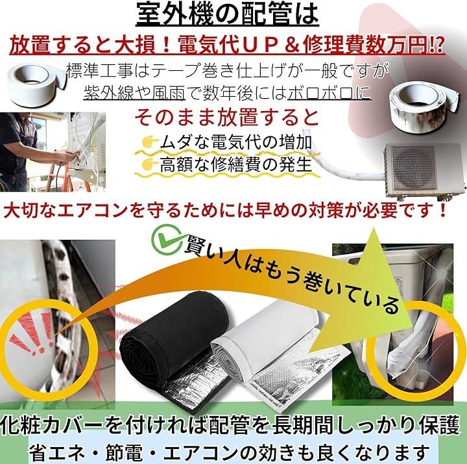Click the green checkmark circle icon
[x=165, y=238]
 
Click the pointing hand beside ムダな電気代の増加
[x=150, y=142]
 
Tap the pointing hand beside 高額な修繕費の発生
[x=150, y=164]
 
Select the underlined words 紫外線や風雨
[x=134, y=94]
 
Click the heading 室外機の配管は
[x=227, y=14]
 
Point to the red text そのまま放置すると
[x=227, y=117]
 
